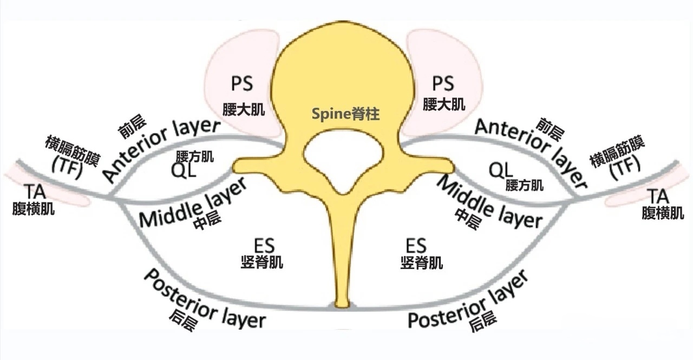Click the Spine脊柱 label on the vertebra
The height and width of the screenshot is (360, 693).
tap(346, 114)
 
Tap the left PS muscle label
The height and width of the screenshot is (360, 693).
tap(242, 84)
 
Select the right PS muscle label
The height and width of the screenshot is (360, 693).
tap(443, 83)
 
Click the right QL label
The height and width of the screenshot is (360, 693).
tap(501, 170)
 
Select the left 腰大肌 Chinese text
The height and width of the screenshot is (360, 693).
tap(243, 110)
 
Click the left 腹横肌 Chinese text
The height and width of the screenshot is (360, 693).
tap(34, 209)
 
